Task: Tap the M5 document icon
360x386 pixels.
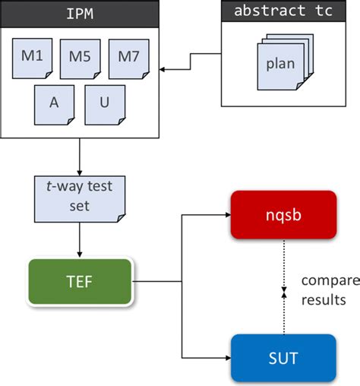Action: tap(81, 59)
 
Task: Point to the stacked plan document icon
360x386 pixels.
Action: tap(280, 65)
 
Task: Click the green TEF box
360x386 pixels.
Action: tap(79, 282)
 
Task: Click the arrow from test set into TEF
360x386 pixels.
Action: tap(79, 244)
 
